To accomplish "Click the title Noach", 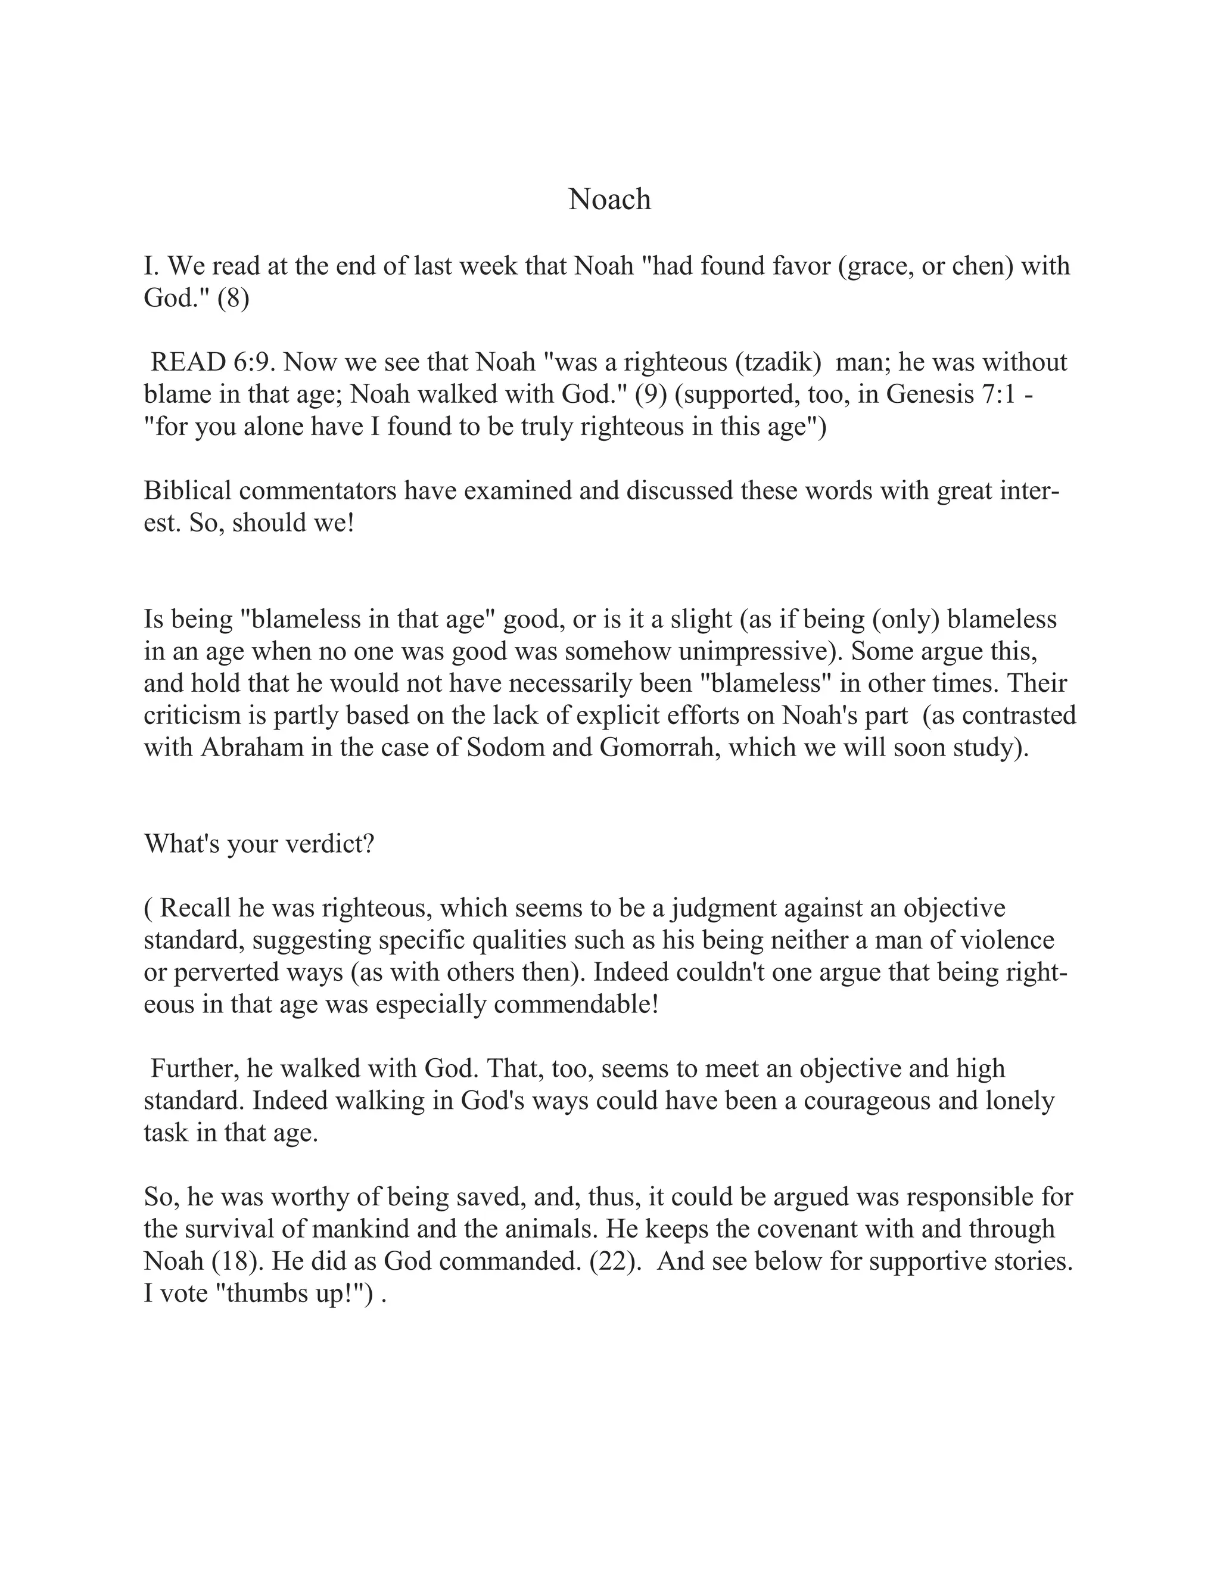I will coord(609,199).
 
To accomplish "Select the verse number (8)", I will coord(233,298).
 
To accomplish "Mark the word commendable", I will coord(573,1004).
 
